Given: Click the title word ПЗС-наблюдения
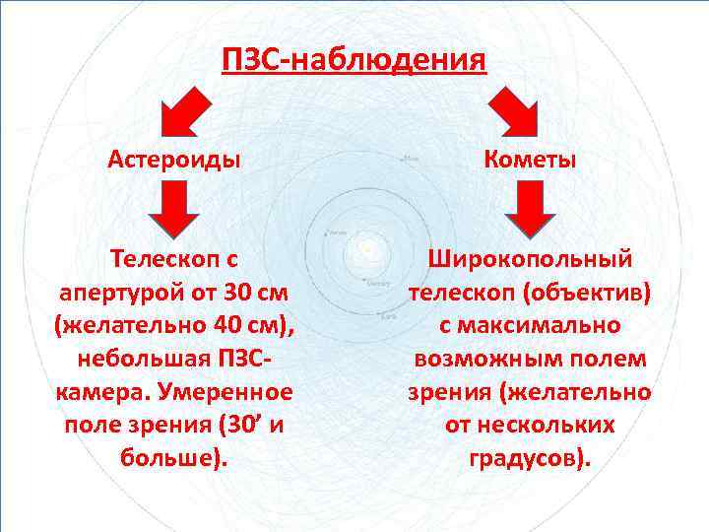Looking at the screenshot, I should point(354,60).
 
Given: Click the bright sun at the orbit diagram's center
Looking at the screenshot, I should point(366,249).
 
